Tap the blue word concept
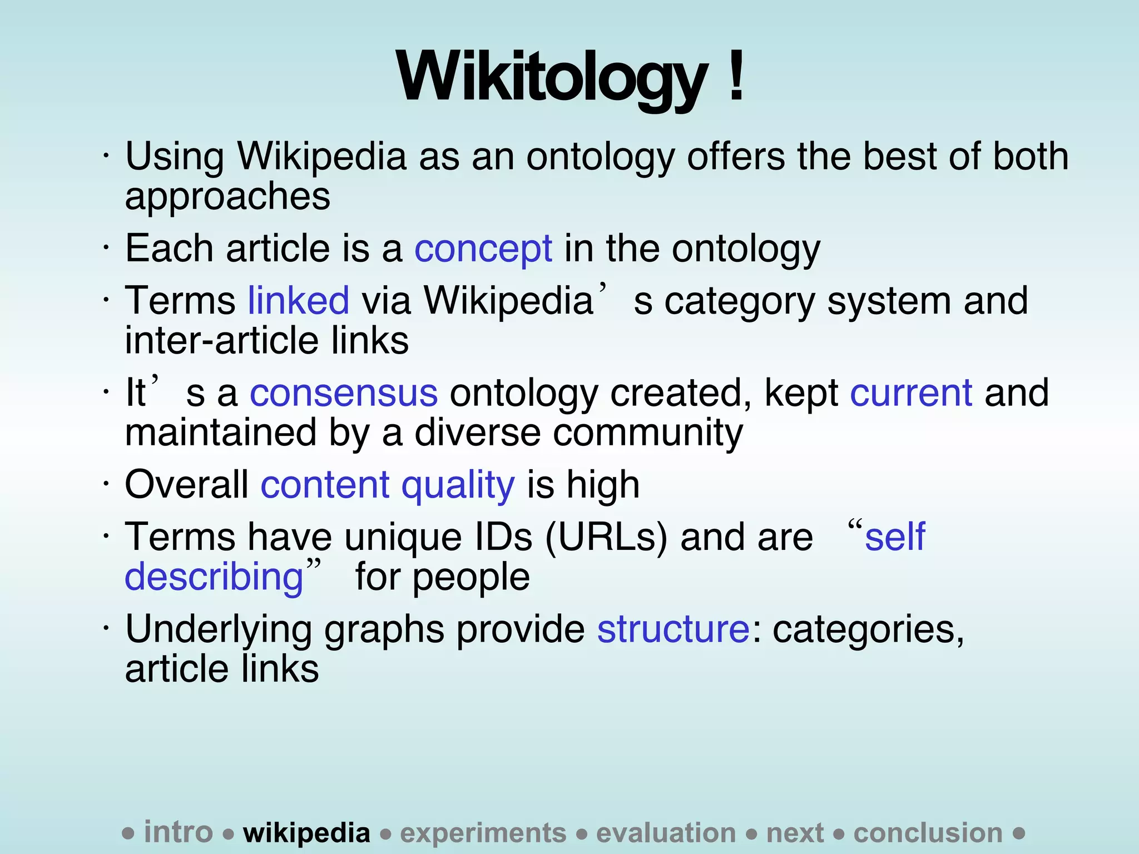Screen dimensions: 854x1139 point(483,249)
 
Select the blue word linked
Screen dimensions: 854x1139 point(298,301)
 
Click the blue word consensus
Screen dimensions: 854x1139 point(343,393)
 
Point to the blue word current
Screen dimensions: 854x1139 point(911,393)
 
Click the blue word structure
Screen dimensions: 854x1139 point(673,629)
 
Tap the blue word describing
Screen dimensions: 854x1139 point(214,577)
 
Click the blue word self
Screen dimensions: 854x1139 point(895,537)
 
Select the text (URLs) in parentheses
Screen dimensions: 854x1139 point(606,537)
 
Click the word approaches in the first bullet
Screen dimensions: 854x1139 point(227,196)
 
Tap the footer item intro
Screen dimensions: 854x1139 point(178,832)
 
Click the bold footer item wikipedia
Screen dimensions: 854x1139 point(306,833)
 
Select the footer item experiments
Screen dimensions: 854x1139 point(483,833)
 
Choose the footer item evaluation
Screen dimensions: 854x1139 point(666,833)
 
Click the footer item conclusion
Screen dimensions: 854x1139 point(928,833)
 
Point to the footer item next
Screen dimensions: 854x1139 point(795,833)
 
